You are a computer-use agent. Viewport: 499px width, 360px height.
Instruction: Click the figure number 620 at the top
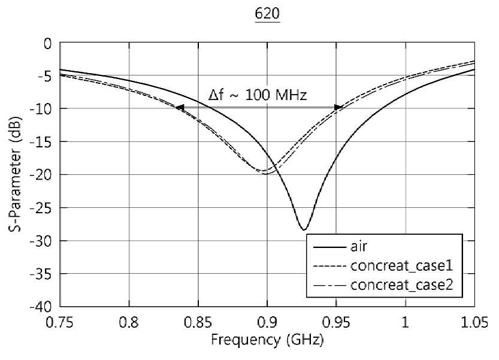click(267, 14)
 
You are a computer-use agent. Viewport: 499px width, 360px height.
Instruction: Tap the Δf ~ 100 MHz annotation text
click(258, 95)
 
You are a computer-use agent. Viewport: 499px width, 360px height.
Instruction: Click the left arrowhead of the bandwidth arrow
click(180, 108)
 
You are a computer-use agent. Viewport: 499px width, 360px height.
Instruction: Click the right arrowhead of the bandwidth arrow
click(338, 108)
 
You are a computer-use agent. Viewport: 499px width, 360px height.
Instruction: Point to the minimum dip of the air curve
click(304, 229)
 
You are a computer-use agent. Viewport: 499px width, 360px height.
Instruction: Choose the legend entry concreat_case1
click(383, 266)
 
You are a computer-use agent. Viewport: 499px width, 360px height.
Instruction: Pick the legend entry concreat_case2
click(383, 285)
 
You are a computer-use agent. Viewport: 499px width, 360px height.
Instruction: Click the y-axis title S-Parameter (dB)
click(15, 174)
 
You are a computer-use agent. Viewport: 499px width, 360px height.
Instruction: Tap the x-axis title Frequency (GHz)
click(267, 340)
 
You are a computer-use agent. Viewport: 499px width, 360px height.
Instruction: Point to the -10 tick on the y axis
click(40, 109)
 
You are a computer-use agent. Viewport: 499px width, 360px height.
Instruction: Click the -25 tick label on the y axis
click(40, 208)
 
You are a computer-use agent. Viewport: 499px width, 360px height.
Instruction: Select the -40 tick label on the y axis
click(40, 307)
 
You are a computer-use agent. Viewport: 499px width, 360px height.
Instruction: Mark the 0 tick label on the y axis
click(48, 44)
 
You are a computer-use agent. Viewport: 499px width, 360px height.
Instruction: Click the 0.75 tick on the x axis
click(59, 322)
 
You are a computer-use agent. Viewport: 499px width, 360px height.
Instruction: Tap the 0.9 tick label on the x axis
click(267, 322)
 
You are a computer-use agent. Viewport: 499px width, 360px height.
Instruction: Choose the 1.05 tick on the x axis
click(474, 322)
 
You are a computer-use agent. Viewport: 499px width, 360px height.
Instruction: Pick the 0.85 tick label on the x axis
click(198, 322)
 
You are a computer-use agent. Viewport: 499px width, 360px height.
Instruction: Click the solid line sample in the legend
click(329, 247)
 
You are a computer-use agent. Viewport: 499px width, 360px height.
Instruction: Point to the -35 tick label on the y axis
click(40, 274)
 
